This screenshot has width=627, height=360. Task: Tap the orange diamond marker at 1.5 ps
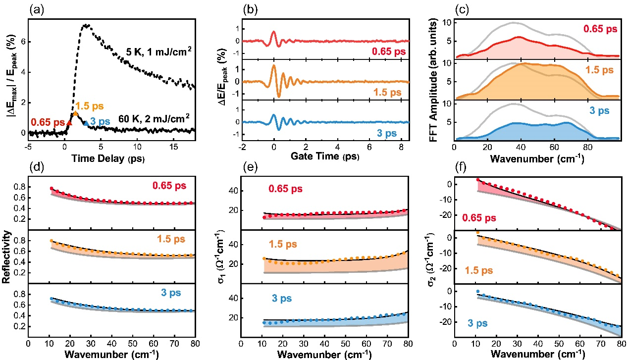click(x=75, y=114)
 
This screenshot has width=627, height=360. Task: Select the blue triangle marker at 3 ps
click(x=86, y=123)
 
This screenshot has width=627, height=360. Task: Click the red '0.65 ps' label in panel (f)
click(x=479, y=217)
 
